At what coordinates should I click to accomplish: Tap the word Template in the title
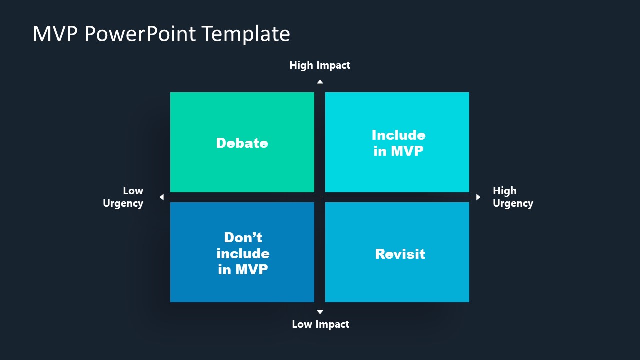[x=246, y=34]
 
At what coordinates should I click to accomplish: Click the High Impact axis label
[x=320, y=65]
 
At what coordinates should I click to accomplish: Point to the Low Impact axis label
[x=320, y=324]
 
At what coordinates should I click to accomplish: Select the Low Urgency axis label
[x=123, y=197]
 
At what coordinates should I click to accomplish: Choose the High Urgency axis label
[x=513, y=197]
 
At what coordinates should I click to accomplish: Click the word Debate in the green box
[x=242, y=143]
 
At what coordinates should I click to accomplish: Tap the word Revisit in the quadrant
[x=400, y=254]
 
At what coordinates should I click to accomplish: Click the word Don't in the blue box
[x=243, y=237]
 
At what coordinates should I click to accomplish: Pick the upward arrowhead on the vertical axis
[x=320, y=82]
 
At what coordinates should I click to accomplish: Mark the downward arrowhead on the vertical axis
[x=320, y=312]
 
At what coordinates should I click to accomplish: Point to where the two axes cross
[x=320, y=197]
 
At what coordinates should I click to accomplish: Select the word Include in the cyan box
[x=398, y=135]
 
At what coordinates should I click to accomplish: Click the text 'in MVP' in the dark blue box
[x=243, y=269]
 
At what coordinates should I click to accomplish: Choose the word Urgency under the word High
[x=513, y=203]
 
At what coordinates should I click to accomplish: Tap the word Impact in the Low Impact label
[x=332, y=324]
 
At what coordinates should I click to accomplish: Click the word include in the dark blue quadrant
[x=243, y=253]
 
